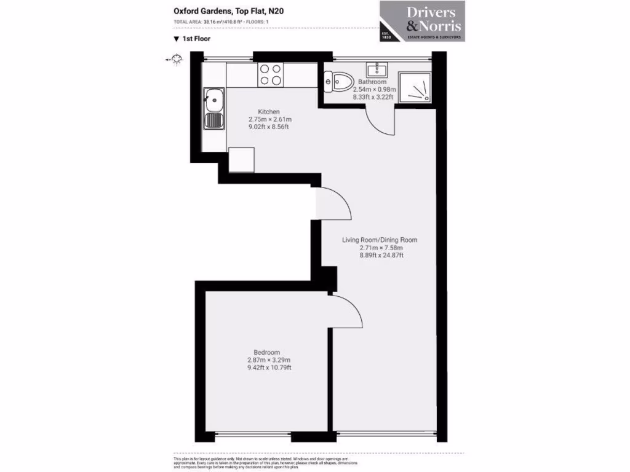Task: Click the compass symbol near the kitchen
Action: [x=177, y=59]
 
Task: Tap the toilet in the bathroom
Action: [x=339, y=80]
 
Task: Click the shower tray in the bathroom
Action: [x=415, y=87]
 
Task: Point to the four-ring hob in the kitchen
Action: [x=271, y=74]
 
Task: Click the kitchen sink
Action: [x=213, y=108]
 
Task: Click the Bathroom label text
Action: [x=373, y=82]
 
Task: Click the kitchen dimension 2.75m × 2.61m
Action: [x=269, y=119]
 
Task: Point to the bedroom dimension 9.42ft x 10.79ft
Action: [x=268, y=368]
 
